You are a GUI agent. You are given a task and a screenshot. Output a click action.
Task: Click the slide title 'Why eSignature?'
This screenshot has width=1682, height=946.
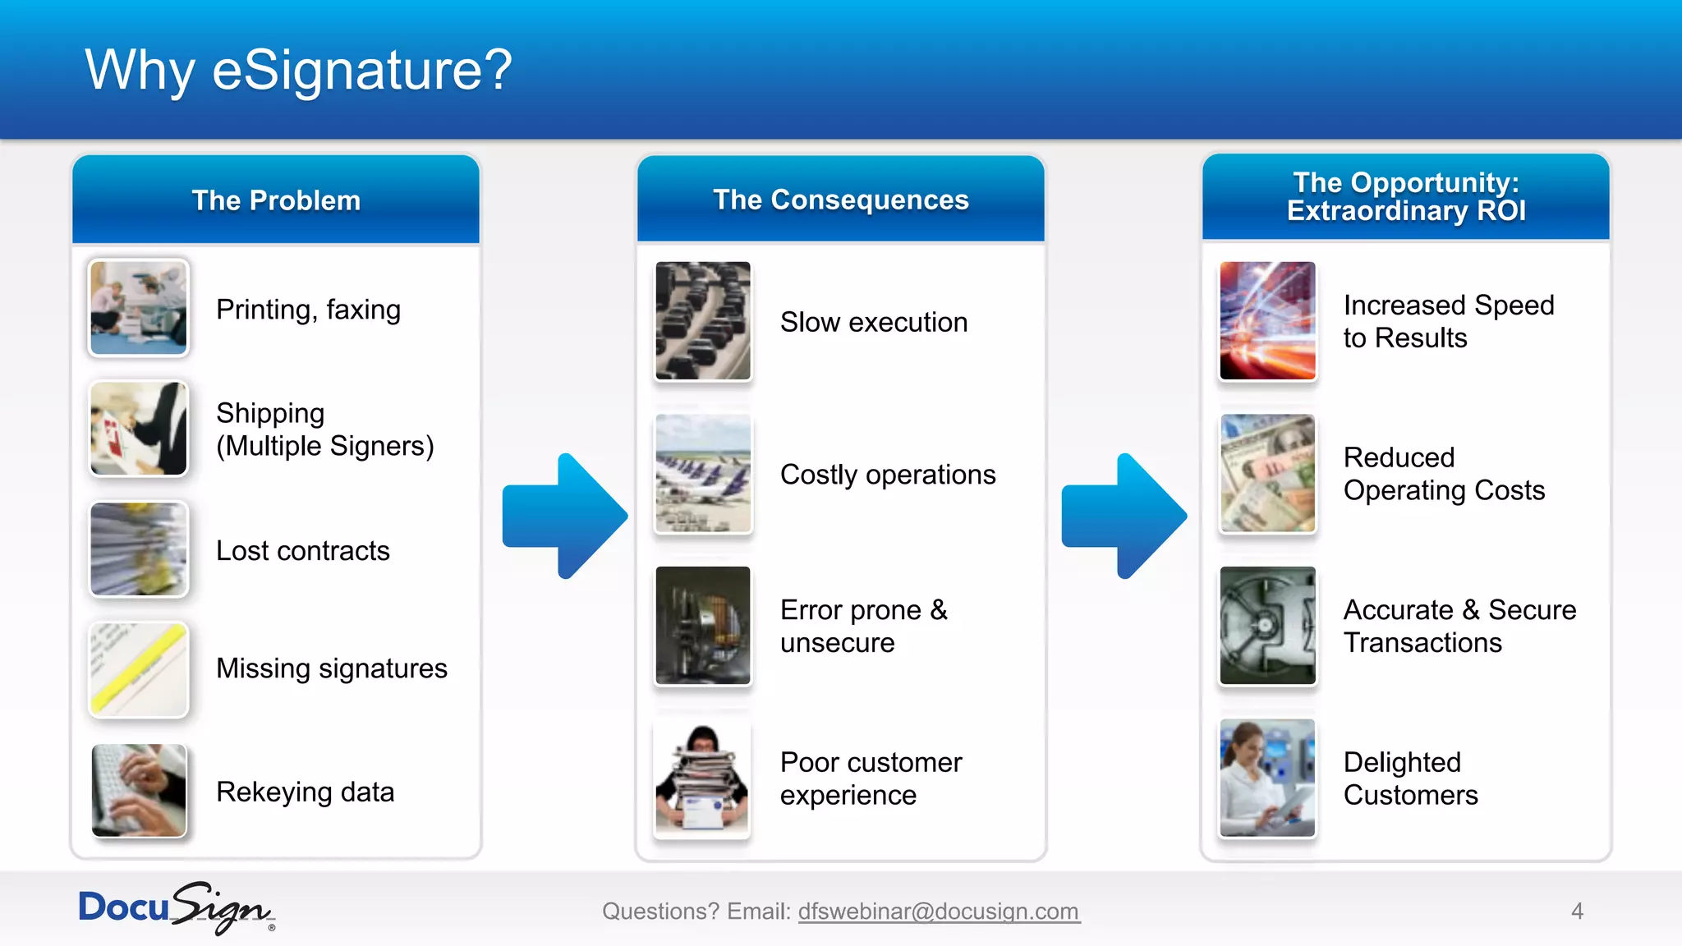298,71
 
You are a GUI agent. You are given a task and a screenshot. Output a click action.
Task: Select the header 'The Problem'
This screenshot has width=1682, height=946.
276,200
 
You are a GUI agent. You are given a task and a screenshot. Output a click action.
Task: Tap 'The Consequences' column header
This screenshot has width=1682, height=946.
840,200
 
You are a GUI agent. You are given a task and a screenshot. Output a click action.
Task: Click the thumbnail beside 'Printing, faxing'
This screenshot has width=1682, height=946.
139,308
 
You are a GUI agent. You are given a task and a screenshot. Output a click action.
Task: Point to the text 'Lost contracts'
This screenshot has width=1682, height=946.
302,551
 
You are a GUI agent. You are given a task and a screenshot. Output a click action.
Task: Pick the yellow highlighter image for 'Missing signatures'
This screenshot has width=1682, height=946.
139,669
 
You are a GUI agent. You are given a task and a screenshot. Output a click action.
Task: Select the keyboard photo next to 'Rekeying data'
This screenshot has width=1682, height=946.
139,791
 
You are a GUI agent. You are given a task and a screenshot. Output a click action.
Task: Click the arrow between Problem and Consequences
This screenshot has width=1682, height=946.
565,516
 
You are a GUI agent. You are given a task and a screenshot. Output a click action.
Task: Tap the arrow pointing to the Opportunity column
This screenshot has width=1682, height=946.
1124,516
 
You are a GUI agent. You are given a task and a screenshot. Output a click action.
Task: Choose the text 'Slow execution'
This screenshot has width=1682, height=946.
873,323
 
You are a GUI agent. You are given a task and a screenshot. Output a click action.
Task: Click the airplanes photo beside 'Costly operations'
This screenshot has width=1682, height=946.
703,474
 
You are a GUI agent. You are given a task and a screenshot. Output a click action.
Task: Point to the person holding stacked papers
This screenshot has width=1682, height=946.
703,778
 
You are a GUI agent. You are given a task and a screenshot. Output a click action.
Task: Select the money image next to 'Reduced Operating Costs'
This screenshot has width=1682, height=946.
1267,474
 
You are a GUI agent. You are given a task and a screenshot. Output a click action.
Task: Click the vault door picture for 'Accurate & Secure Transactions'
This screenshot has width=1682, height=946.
1267,626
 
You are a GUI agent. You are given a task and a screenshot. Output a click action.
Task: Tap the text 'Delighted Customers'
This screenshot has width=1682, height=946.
1409,778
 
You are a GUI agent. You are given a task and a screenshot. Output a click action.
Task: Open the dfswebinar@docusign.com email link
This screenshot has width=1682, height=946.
939,912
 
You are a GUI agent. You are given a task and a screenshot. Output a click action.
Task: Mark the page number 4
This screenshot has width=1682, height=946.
1577,912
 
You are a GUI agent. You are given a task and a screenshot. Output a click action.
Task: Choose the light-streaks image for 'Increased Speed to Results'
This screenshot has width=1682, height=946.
1267,321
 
